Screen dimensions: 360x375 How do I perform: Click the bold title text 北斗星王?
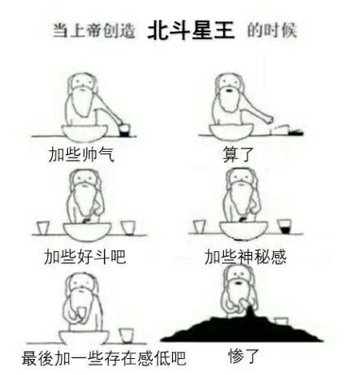pos(191,30)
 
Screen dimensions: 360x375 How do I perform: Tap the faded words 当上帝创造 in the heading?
pos(94,30)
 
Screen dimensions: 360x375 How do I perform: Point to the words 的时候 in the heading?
pos(272,30)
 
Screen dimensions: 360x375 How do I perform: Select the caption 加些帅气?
pos(82,154)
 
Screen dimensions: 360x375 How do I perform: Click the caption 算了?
pos(238,154)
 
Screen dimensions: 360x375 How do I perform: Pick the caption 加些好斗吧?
pos(85,257)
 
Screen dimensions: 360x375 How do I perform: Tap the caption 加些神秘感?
pos(246,257)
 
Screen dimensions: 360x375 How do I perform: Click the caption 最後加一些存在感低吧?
pos(104,358)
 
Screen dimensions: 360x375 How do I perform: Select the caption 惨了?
pos(243,357)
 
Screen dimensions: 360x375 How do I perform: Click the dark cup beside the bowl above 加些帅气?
pos(124,130)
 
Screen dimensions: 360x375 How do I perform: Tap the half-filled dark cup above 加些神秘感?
pos(284,226)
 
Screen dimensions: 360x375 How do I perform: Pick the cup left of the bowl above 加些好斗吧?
pos(42,228)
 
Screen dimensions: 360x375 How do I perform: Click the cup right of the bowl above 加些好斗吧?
pos(128,228)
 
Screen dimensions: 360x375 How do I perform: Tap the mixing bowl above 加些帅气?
pos(85,134)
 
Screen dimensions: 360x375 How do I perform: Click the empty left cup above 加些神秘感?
pos(199,227)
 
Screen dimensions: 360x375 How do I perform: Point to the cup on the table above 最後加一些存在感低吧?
pos(126,336)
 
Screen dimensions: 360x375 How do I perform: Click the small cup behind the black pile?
pos(281,321)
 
